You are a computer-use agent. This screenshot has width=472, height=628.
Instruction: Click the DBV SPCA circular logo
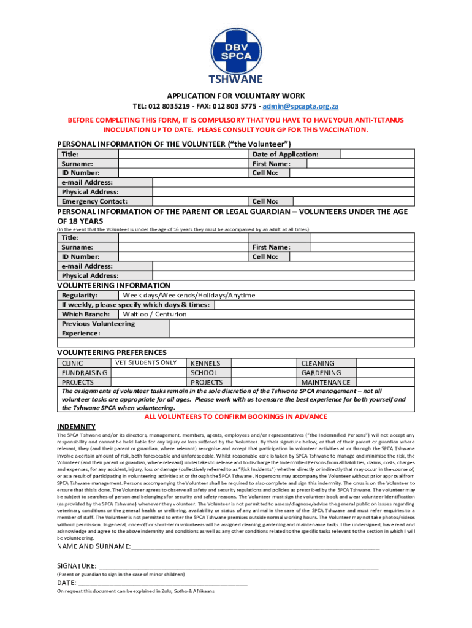pos(236,41)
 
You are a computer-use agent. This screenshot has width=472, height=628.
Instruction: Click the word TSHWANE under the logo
pos(236,79)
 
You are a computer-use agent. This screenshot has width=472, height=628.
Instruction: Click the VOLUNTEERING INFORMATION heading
pos(113,285)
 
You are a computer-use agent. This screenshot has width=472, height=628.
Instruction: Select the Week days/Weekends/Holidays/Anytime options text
pos(189,295)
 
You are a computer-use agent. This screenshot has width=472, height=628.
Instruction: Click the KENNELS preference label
pos(205,364)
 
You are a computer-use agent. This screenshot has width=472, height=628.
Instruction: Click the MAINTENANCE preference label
pos(325,383)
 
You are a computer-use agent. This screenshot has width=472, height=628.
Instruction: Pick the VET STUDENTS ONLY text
pos(146,362)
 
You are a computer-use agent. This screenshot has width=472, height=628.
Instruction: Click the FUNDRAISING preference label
pos(85,373)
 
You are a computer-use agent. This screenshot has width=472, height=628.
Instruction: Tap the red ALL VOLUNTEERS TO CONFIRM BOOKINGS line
pos(235,416)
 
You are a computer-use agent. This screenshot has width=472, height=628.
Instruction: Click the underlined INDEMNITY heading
pos(76,426)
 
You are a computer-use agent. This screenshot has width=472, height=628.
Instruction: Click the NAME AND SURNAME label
pos(94,546)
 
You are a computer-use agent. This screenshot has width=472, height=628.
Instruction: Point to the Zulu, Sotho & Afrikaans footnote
pos(135,592)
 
